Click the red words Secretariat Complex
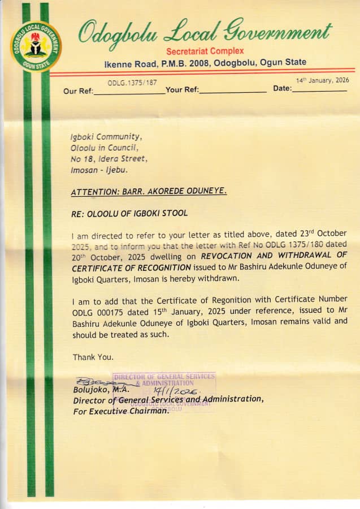205,51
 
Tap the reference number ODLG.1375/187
132,83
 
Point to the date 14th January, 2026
323,80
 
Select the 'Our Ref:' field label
77,91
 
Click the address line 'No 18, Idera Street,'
109,159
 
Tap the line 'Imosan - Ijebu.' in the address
99,170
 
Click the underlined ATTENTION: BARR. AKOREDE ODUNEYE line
149,192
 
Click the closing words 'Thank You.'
93,357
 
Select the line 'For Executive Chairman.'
121,411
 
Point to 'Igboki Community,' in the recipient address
106,137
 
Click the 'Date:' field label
283,89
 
